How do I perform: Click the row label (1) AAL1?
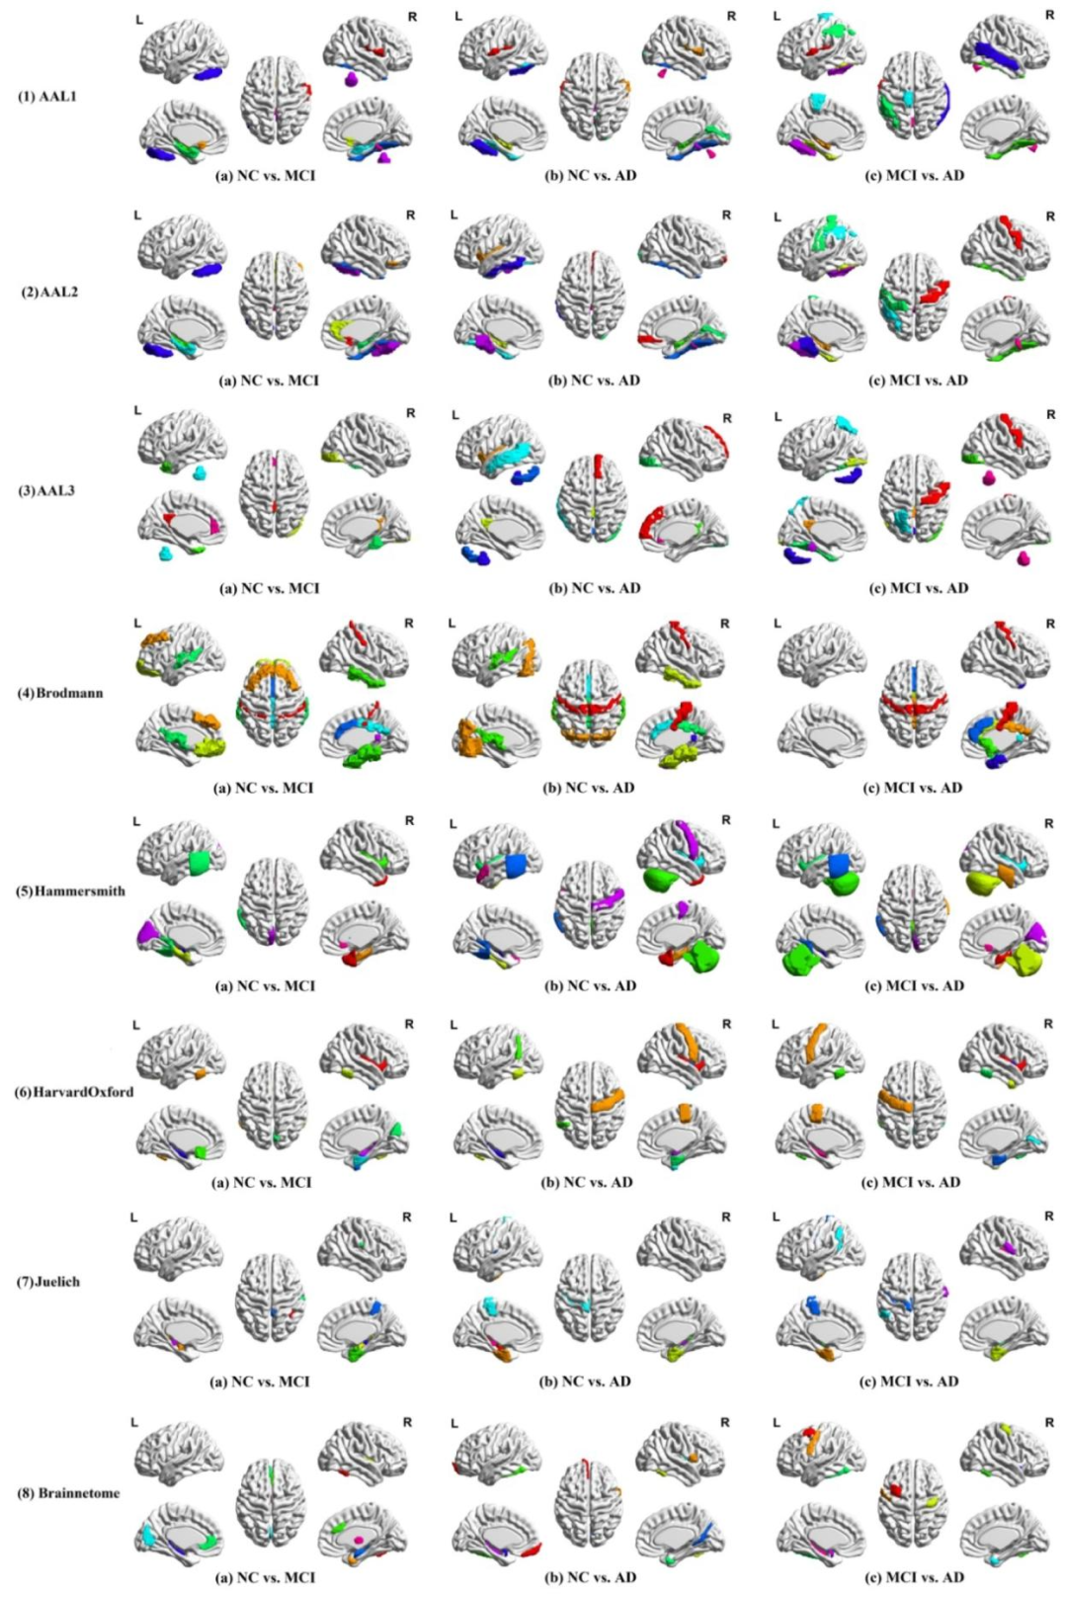click(x=47, y=97)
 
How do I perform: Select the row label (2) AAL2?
click(x=50, y=293)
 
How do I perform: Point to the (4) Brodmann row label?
click(x=59, y=693)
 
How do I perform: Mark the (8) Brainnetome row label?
click(x=68, y=1492)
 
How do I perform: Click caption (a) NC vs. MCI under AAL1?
click(x=266, y=176)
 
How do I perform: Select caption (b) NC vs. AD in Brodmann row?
click(x=589, y=788)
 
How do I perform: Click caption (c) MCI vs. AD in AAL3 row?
click(x=918, y=588)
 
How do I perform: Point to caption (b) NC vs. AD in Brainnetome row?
click(x=591, y=1577)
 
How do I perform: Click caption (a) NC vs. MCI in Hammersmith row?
click(x=266, y=985)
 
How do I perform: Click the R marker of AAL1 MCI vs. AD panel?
click(x=1049, y=16)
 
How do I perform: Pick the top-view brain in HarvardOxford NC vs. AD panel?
click(x=591, y=1104)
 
